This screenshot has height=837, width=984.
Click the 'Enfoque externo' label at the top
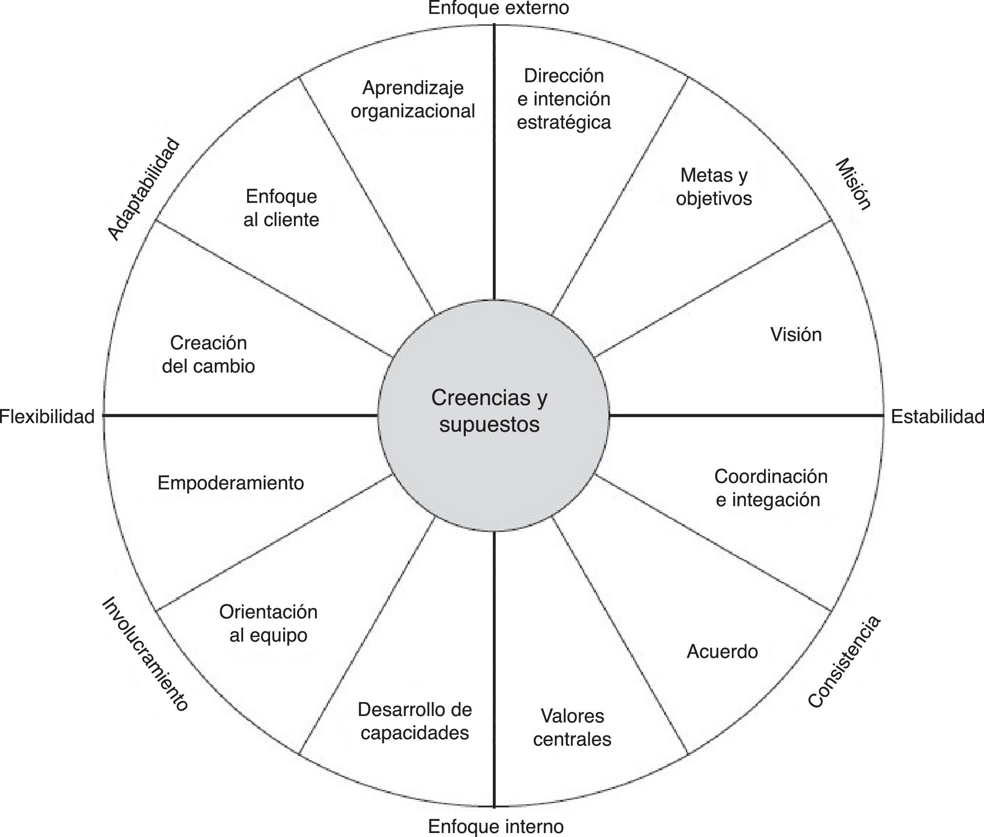point(498,8)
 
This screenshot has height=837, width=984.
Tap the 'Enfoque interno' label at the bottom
point(496,826)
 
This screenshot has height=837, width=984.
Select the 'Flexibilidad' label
point(47,417)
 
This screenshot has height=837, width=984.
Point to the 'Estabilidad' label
point(937,417)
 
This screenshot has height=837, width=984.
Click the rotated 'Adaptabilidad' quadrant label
point(144,189)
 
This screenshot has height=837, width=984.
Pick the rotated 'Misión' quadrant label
point(853,185)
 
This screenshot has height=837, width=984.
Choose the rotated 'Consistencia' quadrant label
point(844,661)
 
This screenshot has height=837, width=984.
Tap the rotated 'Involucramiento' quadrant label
point(145,654)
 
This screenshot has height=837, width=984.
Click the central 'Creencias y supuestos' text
point(489,411)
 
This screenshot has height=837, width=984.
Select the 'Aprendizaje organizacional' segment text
point(412,99)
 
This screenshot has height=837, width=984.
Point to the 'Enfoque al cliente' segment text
point(281,208)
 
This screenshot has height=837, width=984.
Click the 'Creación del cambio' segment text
point(209,355)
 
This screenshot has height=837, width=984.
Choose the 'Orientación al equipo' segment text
point(268,624)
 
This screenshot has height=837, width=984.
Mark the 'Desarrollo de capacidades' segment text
point(415,721)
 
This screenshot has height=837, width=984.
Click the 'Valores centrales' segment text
point(572,728)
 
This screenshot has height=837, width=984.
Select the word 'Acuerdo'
point(722,652)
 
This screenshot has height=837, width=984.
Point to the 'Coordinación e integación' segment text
point(770,488)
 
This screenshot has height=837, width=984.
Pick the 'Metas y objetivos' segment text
point(714,187)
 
